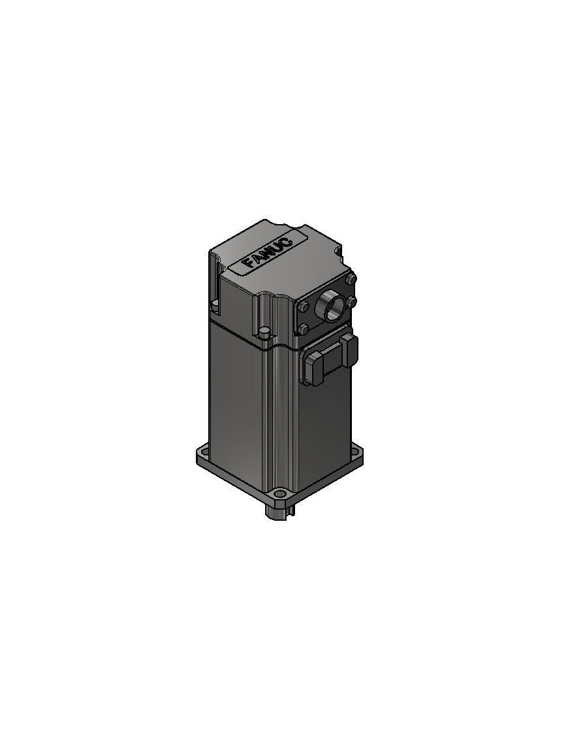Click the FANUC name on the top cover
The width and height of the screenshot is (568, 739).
(x=267, y=250)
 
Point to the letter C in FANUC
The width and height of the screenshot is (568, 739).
(x=287, y=239)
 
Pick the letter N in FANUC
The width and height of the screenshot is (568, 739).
(x=267, y=251)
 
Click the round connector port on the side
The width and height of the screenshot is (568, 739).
(x=329, y=305)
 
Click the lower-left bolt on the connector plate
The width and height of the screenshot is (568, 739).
(x=304, y=329)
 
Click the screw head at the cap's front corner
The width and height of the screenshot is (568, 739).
(x=264, y=333)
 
